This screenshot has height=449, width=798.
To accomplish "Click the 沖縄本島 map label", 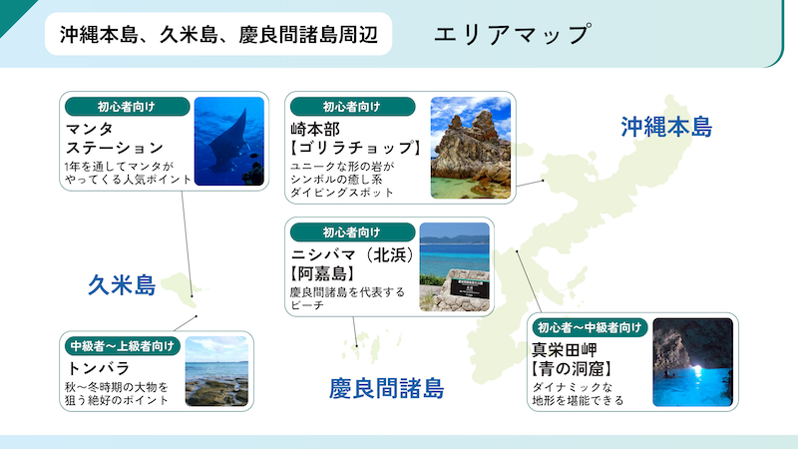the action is coord(666,127).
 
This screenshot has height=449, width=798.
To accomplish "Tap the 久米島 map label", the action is coord(122,284).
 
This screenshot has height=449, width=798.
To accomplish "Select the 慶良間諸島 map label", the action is coord(387,388).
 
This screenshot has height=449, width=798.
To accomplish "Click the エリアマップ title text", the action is coord(513,34).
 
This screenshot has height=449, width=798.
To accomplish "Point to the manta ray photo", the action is coord(229,141).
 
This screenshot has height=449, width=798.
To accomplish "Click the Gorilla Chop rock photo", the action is coord(471,148).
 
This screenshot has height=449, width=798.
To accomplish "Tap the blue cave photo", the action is coord(693,362).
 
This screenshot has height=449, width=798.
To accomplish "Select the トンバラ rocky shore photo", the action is coord(216,371).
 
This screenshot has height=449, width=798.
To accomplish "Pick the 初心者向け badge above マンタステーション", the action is coord(128,107).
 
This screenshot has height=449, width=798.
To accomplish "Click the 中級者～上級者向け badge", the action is coord(123,346).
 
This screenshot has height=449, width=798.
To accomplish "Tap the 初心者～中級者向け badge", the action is coord(590,327).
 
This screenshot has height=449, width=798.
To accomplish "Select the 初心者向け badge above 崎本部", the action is coord(353,107).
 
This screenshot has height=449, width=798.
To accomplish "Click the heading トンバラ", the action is coord(99,367).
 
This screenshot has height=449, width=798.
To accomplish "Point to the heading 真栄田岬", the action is coord(565,350).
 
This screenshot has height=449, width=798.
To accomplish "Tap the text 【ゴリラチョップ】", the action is coord(356,148).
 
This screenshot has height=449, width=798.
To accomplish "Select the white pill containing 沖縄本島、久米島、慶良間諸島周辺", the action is coord(218,34).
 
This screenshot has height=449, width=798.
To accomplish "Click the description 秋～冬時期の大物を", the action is coord(117,387).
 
